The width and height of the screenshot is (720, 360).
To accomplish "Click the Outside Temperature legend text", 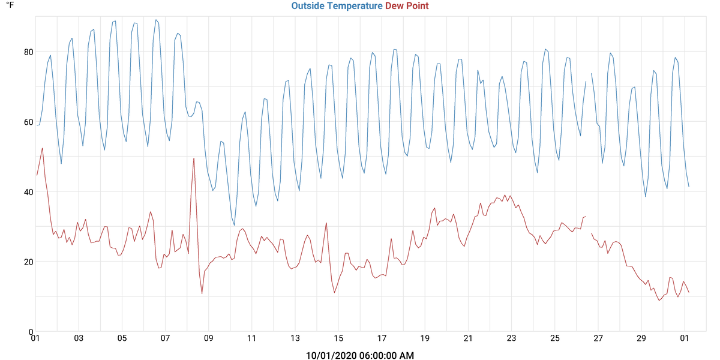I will (337, 6).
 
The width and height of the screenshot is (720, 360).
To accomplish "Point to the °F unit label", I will (10, 5).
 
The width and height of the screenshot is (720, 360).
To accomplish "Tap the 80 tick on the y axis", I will (28, 52).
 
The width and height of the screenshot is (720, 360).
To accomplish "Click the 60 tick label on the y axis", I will (28, 122).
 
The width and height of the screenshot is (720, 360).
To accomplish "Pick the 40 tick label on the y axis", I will (28, 192).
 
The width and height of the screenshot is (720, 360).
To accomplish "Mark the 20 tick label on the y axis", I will (28, 262).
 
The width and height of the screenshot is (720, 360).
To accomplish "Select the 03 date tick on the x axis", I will (79, 338).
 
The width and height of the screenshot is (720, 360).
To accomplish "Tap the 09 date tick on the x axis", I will (209, 338).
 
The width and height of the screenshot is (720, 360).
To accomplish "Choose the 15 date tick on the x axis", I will (338, 338).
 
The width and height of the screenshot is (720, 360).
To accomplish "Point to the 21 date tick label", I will (469, 338).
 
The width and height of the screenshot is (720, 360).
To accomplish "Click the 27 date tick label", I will (598, 338).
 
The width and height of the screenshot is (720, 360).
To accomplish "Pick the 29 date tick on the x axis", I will (641, 338).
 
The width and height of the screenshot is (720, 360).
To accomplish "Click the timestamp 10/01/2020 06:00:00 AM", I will (360, 356).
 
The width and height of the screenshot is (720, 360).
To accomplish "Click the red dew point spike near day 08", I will (194, 158).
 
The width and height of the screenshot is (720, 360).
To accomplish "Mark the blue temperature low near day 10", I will (234, 225).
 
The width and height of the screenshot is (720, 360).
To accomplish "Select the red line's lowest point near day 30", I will (659, 300).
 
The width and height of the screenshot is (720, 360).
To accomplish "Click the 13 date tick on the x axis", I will (295, 338).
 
